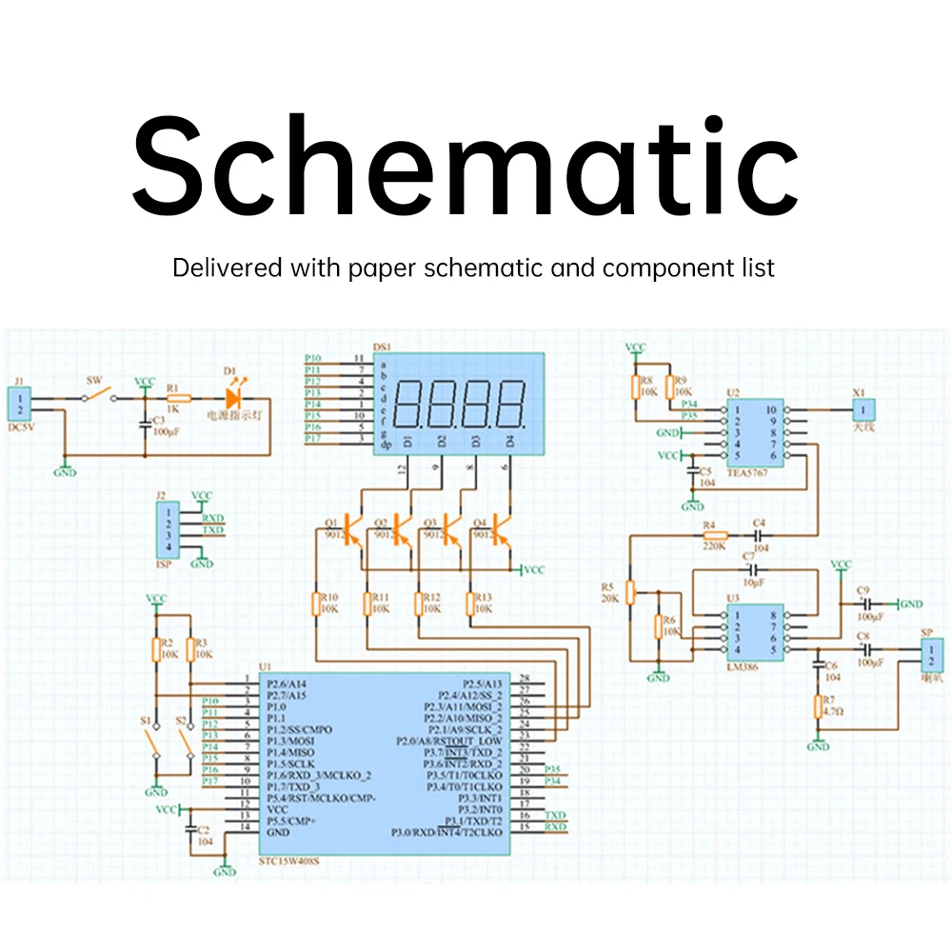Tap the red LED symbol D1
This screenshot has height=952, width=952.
click(x=236, y=398)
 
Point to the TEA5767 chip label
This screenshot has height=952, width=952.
click(x=744, y=471)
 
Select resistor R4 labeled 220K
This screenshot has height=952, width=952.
click(x=714, y=536)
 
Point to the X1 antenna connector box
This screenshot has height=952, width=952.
click(x=863, y=410)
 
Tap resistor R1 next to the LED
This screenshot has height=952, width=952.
click(x=178, y=399)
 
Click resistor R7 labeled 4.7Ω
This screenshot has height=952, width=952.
click(x=818, y=706)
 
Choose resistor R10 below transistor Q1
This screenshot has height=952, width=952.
click(x=317, y=604)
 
